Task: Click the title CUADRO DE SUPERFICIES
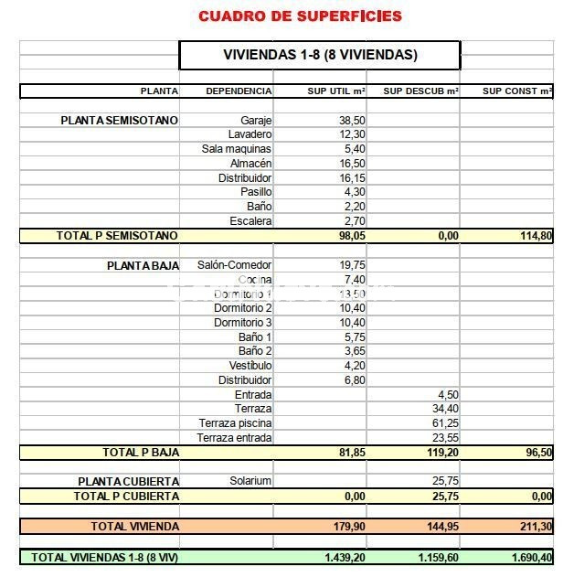pyautogui.click(x=300, y=16)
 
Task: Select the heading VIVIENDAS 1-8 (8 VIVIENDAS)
pyautogui.click(x=320, y=55)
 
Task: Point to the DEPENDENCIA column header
pyautogui.click(x=239, y=91)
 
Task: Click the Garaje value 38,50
pyautogui.click(x=352, y=120)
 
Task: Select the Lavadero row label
pyautogui.click(x=250, y=134)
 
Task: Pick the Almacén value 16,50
pyautogui.click(x=352, y=163)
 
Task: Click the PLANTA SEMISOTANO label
pyautogui.click(x=119, y=120)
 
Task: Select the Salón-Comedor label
pyautogui.click(x=235, y=264)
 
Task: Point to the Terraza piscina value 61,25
pyautogui.click(x=445, y=423)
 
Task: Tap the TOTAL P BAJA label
pyautogui.click(x=140, y=452)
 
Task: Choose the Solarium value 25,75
pyautogui.click(x=445, y=481)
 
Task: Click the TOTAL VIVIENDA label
pyautogui.click(x=134, y=526)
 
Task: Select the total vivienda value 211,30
pyautogui.click(x=535, y=526)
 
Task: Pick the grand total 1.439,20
pyautogui.click(x=345, y=556)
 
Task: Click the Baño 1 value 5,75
pyautogui.click(x=355, y=337)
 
